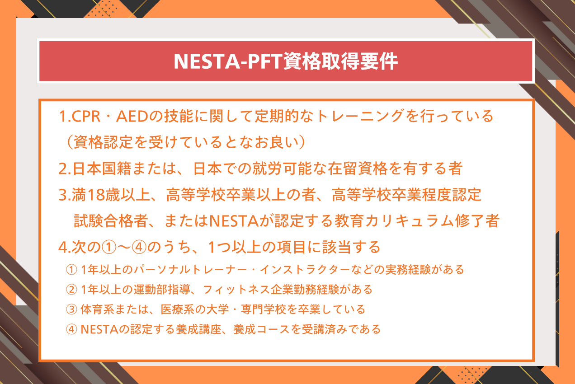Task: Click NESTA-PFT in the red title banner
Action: pos(228,61)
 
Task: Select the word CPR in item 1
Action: pos(86,116)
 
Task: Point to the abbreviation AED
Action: pos(132,116)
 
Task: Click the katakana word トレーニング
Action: pos(359,116)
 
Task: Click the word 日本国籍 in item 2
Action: pos(102,169)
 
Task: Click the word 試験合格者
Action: pos(111,220)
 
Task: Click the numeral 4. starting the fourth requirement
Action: pos(65,247)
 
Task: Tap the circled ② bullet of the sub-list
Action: pos(71,289)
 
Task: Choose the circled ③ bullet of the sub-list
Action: pos(71,309)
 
